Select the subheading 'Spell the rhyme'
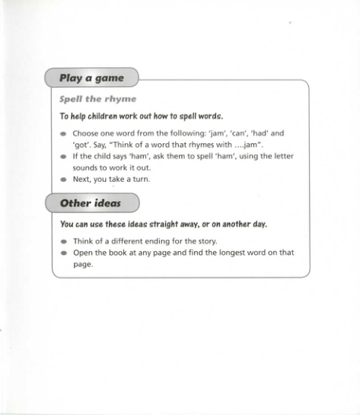[x=97, y=99]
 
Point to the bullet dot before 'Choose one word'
[x=63, y=133]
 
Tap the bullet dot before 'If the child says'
[x=63, y=156]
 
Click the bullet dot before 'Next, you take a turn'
[x=63, y=180]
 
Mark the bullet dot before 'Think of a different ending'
[x=63, y=241]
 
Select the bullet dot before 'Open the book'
[x=63, y=253]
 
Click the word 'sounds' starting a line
[x=87, y=168]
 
